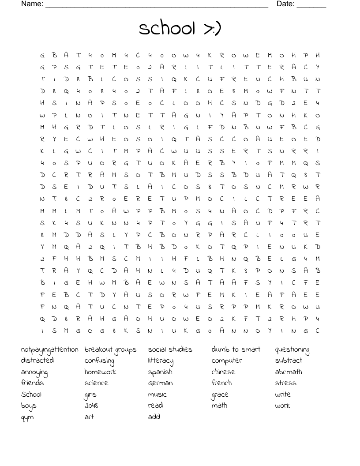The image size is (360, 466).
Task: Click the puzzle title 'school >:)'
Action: (180, 29)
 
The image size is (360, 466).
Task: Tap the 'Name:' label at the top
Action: (32, 4)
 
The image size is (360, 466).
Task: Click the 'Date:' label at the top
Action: (285, 4)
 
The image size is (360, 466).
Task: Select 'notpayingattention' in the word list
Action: (49, 350)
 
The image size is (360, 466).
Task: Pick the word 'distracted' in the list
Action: (37, 361)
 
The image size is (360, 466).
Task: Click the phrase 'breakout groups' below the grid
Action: (110, 350)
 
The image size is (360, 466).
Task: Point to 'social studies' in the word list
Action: (170, 349)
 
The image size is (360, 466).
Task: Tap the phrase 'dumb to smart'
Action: (236, 349)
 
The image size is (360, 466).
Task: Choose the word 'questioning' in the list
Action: (292, 350)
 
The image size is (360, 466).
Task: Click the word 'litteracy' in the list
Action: (161, 361)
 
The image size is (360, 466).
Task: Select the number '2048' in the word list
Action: (91, 406)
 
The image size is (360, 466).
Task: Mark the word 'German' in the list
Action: (160, 383)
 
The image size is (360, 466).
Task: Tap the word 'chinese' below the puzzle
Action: (223, 372)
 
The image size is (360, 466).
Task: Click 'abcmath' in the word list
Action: (289, 372)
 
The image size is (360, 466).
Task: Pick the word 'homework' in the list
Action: (100, 372)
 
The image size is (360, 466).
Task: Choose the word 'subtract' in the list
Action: (289, 361)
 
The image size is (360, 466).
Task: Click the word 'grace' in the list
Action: (220, 395)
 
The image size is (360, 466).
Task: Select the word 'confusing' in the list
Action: (99, 361)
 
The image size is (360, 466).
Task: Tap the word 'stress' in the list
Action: (285, 383)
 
